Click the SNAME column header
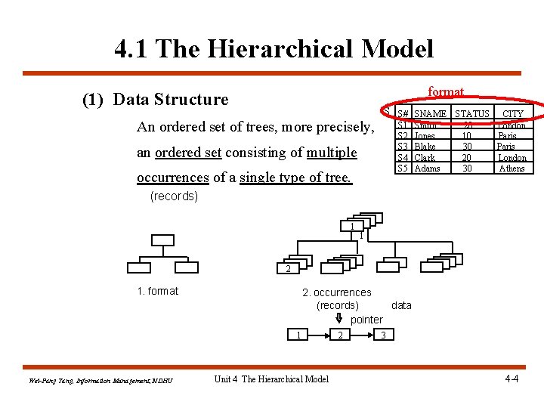click(x=431, y=113)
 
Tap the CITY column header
click(x=513, y=113)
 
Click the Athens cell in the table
click(x=512, y=168)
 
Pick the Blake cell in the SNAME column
click(x=425, y=147)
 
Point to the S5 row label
click(x=403, y=168)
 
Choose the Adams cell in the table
click(x=428, y=168)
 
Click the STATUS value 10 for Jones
click(x=468, y=136)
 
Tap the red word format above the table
click(x=446, y=91)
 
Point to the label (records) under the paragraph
click(x=174, y=196)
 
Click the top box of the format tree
click(x=162, y=241)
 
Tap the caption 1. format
click(x=158, y=291)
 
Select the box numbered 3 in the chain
click(x=384, y=335)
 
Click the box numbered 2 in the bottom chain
click(x=342, y=335)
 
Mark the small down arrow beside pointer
click(x=339, y=318)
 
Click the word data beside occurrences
click(x=402, y=305)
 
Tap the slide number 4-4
click(x=512, y=378)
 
